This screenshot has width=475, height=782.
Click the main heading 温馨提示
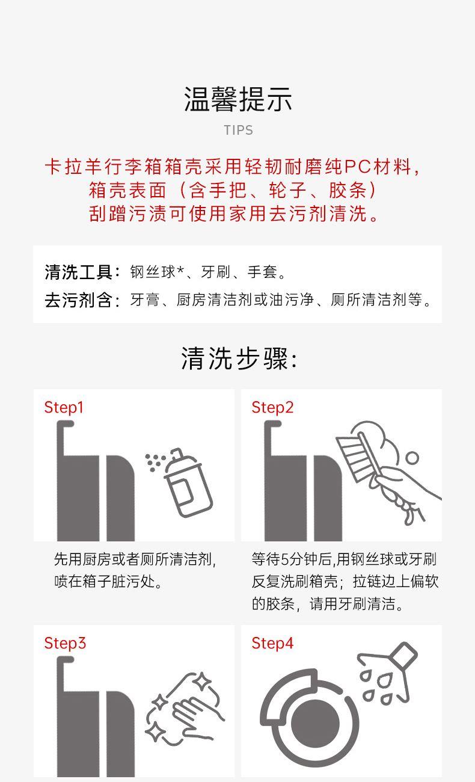pyautogui.click(x=237, y=99)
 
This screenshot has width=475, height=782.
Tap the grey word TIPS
pyautogui.click(x=238, y=130)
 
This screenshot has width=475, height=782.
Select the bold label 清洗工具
pyautogui.click(x=78, y=272)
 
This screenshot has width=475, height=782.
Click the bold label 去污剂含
pyautogui.click(x=78, y=300)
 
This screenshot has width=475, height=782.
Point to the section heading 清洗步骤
pyautogui.click(x=234, y=359)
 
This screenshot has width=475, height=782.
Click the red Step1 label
pyautogui.click(x=64, y=408)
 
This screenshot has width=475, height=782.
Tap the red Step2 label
pyautogui.click(x=272, y=408)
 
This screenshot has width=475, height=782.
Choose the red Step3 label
pyautogui.click(x=65, y=644)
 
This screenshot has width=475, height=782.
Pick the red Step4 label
pyautogui.click(x=272, y=644)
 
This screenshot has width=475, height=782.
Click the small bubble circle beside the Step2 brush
pyautogui.click(x=412, y=458)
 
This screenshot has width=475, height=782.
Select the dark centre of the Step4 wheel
pyautogui.click(x=315, y=722)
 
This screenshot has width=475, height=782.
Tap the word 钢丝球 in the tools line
pyautogui.click(x=153, y=272)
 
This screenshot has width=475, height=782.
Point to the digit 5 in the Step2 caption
pyautogui.click(x=285, y=559)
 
